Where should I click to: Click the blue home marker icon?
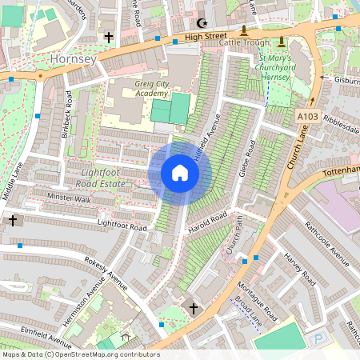[179, 173]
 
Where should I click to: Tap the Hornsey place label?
[73, 59]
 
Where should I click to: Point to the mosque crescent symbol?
[200, 24]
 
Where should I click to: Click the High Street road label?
[206, 37]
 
